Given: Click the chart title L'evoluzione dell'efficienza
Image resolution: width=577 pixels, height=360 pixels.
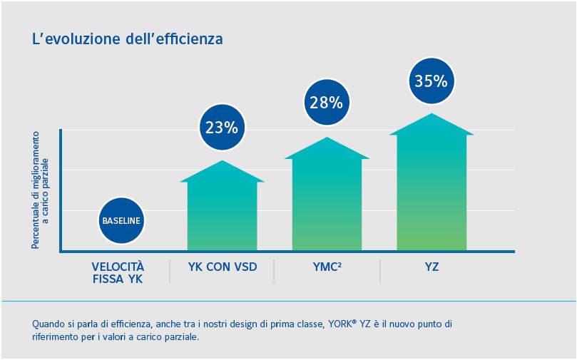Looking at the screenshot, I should pos(128,38).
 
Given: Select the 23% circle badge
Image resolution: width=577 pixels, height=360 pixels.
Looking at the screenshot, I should pos(221,128).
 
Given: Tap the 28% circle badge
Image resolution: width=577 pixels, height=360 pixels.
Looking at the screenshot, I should pos(326,102).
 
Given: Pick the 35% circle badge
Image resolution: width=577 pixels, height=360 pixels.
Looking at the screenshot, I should pos(431,81).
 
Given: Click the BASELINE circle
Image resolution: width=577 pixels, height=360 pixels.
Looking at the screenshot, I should pos(121,220).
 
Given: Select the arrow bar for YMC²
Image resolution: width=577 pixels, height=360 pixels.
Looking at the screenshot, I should pos(327,200).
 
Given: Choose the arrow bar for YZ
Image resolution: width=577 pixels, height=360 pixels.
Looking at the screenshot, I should pos(432,189).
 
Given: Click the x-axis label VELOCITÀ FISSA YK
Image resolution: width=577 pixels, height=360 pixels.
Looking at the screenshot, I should pos(118,273).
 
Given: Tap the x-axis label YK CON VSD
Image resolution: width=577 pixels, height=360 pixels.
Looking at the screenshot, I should pos(222,267).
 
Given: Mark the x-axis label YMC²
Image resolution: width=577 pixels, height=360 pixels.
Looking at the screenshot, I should pos(327,267).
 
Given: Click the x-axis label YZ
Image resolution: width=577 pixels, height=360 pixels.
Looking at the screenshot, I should pos(431,267).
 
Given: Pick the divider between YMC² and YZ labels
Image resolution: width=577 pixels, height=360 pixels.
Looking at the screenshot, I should pos(379,270).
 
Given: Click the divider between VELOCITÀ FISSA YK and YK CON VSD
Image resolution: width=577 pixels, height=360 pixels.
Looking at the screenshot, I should pos(170,270).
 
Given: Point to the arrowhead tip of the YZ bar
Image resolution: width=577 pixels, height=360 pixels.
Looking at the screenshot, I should pos(432,114).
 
